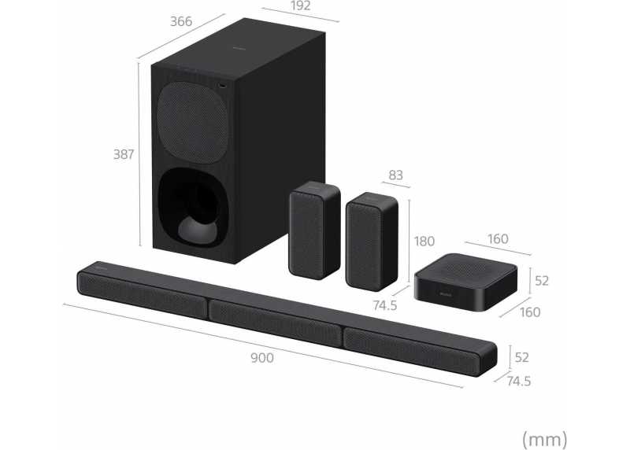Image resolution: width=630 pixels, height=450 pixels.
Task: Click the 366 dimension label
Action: tap(181, 21)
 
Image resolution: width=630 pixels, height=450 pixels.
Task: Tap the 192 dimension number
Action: tap(301, 6)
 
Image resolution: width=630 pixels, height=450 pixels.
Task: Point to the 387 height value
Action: tap(124, 154)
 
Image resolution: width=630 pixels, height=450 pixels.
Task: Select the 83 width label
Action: tap(396, 175)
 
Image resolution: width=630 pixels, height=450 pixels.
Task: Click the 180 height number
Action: tap(424, 241)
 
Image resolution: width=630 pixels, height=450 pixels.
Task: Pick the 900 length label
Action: tap(262, 358)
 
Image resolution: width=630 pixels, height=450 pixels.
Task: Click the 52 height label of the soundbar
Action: tap(521, 357)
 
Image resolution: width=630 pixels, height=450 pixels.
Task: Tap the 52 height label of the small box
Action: tap(542, 281)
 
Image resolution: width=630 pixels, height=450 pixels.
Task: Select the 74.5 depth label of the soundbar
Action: tap(519, 381)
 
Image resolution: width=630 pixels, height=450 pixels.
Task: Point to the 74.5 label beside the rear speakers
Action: tap(385, 305)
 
